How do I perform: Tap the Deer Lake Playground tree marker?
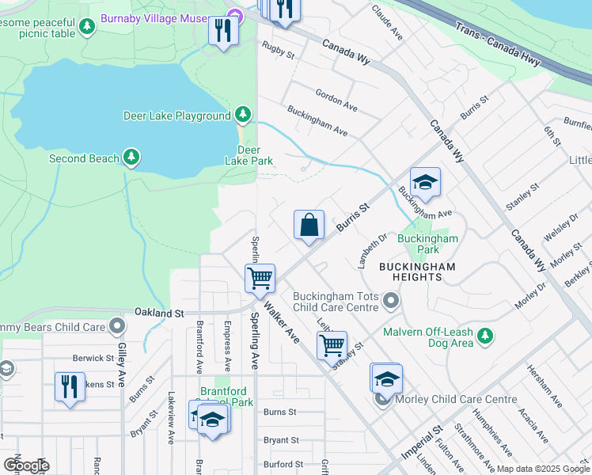(x=243, y=116)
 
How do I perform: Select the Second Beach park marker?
(x=131, y=158)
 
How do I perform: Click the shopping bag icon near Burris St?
(x=309, y=224)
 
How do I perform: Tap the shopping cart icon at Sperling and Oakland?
(x=260, y=278)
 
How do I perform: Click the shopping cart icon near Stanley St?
(x=331, y=344)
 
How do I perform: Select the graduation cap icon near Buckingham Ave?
(x=425, y=182)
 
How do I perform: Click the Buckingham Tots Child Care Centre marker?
(x=389, y=301)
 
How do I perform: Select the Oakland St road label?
(x=159, y=313)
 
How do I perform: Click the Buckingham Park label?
(x=428, y=244)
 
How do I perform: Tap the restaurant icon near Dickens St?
(x=70, y=386)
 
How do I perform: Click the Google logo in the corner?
(x=25, y=465)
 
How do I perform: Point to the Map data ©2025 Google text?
(x=542, y=469)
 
